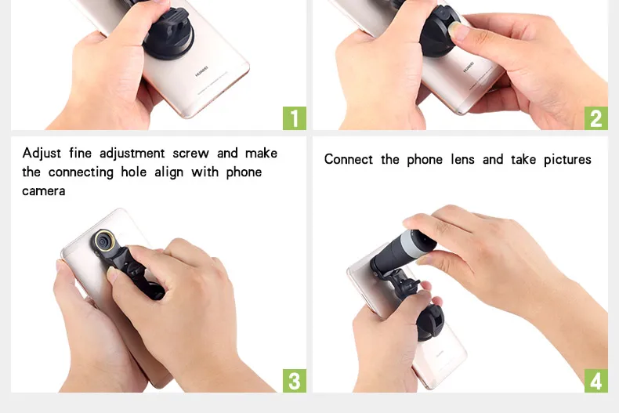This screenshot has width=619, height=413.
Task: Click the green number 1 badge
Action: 295,118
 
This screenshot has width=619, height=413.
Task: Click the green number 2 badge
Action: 596,118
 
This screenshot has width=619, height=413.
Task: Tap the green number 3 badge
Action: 295,381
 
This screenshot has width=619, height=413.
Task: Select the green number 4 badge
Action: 596,381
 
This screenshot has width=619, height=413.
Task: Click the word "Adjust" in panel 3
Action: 42,153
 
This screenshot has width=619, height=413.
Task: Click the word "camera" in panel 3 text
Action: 43,191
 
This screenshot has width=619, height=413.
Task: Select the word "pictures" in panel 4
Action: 567,160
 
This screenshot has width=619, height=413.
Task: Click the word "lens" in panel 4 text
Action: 462,160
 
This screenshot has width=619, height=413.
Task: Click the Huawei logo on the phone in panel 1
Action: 201,74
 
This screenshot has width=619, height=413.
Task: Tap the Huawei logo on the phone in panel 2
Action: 469,67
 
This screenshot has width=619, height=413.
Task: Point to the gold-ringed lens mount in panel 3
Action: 104,241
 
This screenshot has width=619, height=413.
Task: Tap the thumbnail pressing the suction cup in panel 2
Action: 457,31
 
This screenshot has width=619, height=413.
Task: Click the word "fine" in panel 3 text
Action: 80,153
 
